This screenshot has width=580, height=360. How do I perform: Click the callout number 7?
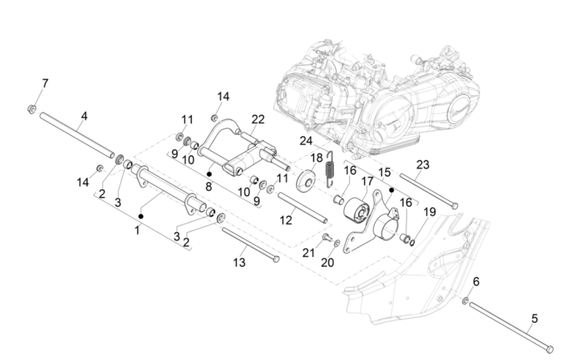tap(45, 83)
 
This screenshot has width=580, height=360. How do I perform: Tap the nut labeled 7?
tap(33, 108)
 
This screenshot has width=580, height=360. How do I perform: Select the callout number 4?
tap(84, 116)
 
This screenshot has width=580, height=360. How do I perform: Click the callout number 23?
tap(423, 164)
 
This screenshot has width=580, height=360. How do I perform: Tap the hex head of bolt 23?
tap(455, 206)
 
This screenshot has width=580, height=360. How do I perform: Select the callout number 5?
tap(534, 318)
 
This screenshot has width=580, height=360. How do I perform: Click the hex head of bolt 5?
tap(550, 349)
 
